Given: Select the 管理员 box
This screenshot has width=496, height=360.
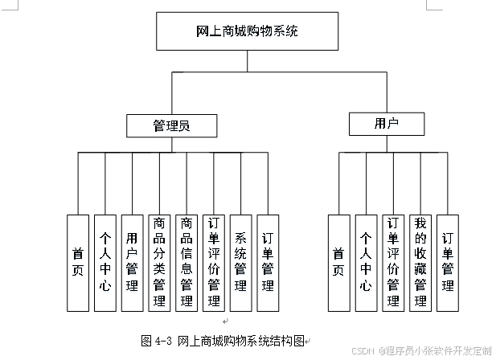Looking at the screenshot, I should click(x=171, y=125).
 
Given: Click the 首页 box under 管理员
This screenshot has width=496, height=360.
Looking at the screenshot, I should click(x=77, y=263).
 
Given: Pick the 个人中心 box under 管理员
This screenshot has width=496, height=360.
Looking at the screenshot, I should click(x=105, y=263).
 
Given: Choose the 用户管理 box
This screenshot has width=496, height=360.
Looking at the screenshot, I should click(x=132, y=263).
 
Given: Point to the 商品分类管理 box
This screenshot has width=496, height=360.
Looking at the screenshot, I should click(x=159, y=263).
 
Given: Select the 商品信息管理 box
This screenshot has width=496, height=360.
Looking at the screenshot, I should click(x=187, y=263).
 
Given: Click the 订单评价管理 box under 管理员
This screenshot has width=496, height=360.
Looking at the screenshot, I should click(x=214, y=263).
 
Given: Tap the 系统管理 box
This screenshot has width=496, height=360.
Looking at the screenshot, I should click(x=241, y=263).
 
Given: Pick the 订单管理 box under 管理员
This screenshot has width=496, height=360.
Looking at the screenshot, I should click(x=268, y=263).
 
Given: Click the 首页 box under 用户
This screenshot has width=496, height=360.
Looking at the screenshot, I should click(x=338, y=263).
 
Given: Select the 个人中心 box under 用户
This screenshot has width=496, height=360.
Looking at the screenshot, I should click(x=366, y=263).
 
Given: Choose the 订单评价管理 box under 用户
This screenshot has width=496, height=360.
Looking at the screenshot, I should click(x=393, y=263).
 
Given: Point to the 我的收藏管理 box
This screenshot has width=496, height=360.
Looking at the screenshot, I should click(x=420, y=263).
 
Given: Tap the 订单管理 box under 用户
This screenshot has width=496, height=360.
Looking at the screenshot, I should click(x=448, y=263).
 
